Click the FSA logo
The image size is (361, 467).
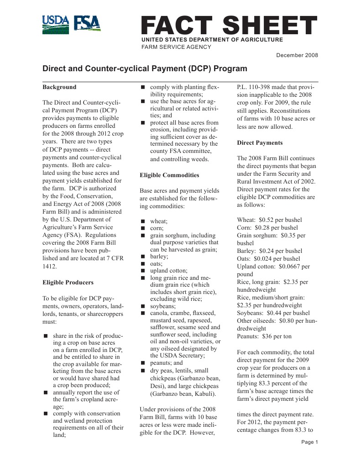(x=88, y=24)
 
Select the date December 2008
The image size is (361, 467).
(x=297, y=55)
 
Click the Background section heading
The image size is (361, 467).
(x=59, y=87)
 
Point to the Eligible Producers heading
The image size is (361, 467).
(x=68, y=282)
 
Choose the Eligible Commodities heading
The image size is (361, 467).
(x=169, y=175)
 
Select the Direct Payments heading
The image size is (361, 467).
(x=260, y=143)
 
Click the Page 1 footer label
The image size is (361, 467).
(x=310, y=442)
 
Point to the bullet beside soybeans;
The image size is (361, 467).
(x=142, y=306)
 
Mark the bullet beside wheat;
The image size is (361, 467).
(x=142, y=221)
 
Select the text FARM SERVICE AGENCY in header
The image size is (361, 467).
(x=176, y=47)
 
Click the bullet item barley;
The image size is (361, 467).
(x=159, y=257)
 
